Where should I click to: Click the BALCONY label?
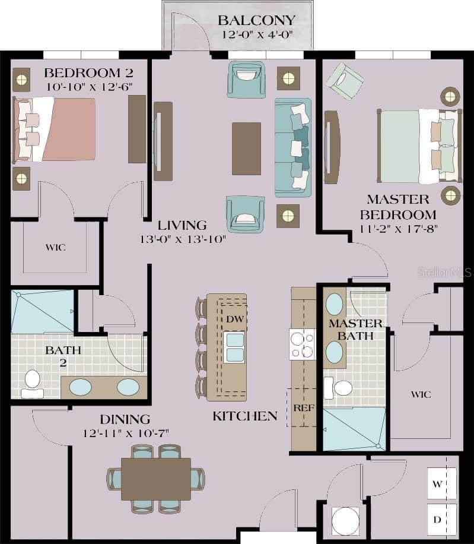pyautogui.click(x=256, y=21)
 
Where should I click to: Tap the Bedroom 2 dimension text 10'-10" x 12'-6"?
pyautogui.click(x=88, y=87)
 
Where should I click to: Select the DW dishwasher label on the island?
pyautogui.click(x=233, y=318)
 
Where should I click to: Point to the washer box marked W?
pyautogui.click(x=438, y=484)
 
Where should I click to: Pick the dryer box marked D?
pyautogui.click(x=438, y=520)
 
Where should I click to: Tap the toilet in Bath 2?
pyautogui.click(x=32, y=383)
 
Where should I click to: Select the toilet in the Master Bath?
pyautogui.click(x=339, y=388)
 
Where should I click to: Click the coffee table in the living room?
pyautogui.click(x=246, y=148)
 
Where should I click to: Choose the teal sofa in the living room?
pyautogui.click(x=293, y=147)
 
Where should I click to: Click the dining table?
pyautogui.click(x=156, y=479)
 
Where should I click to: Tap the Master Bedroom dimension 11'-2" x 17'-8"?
pyautogui.click(x=397, y=229)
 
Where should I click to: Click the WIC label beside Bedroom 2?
pyautogui.click(x=55, y=247)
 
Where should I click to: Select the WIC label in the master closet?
pyautogui.click(x=421, y=394)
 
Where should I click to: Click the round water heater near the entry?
pyautogui.click(x=345, y=521)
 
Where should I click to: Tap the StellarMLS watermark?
pyautogui.click(x=444, y=273)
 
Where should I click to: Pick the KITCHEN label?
pyautogui.click(x=245, y=416)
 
